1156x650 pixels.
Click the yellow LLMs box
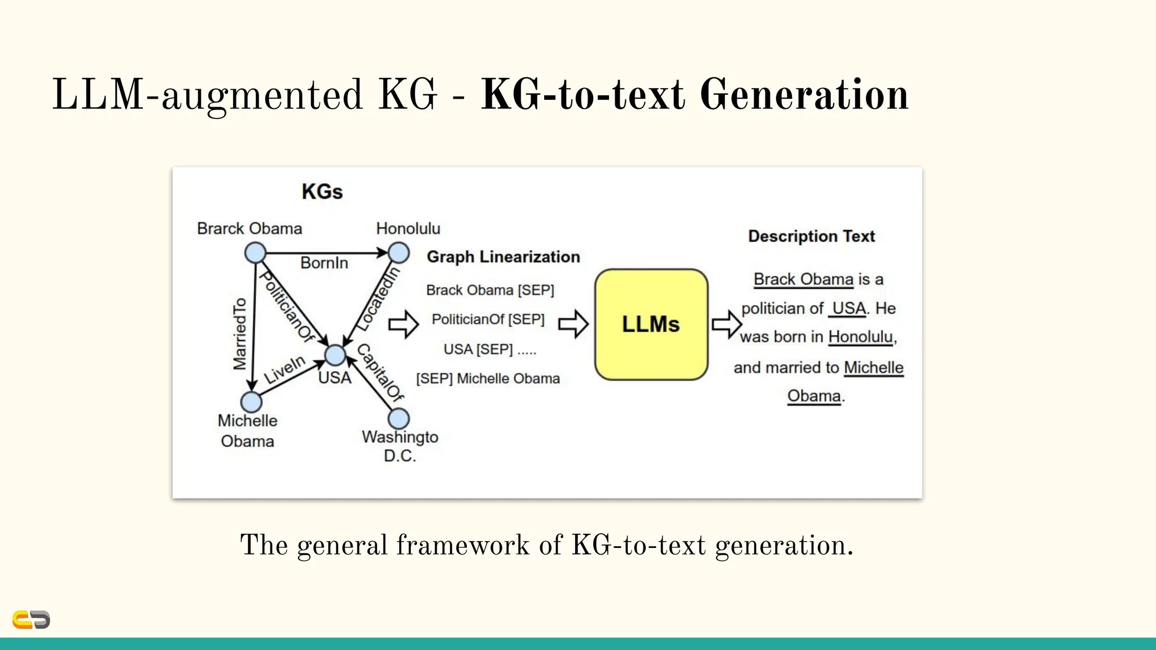[x=651, y=324]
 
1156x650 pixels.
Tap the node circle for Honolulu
[x=399, y=253]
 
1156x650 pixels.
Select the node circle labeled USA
[x=335, y=355]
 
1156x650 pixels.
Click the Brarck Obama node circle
[x=255, y=253]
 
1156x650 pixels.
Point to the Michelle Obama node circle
[x=251, y=402]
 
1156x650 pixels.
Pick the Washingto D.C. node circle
[x=399, y=419]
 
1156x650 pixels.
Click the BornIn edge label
[x=324, y=263]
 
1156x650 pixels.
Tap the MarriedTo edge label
[x=240, y=334]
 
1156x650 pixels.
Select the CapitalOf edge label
[x=380, y=372]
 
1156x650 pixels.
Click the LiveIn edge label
[x=284, y=370]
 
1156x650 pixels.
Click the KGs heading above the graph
[x=322, y=192]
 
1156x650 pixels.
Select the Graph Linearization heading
[x=503, y=257]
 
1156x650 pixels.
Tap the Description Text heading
[x=811, y=236]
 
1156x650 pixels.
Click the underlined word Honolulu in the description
[x=860, y=337]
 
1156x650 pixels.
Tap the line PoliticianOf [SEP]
[x=488, y=319]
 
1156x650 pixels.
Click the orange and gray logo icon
[x=31, y=620]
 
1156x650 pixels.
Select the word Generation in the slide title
[x=804, y=95]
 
